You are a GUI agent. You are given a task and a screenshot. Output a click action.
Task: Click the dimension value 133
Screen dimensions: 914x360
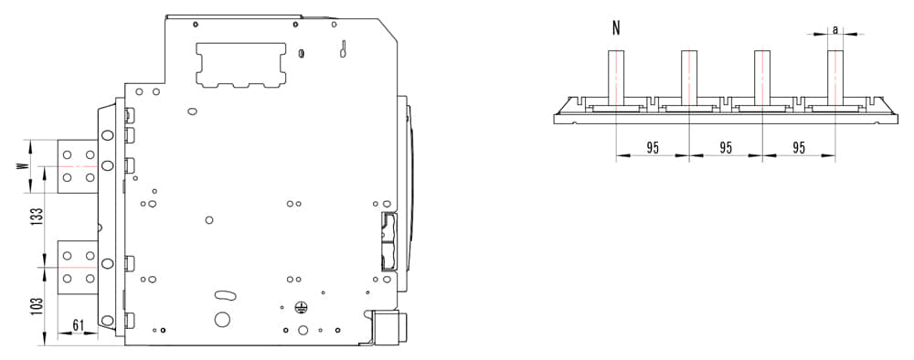pyautogui.click(x=37, y=217)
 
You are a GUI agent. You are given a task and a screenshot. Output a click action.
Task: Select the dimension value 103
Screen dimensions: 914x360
pyautogui.click(x=37, y=307)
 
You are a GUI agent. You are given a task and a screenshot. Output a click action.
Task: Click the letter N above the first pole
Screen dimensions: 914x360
pyautogui.click(x=616, y=28)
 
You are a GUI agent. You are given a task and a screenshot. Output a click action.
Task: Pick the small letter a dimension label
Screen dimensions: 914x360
pyautogui.click(x=835, y=29)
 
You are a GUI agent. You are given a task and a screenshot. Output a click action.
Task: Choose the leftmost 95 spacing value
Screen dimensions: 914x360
pyautogui.click(x=653, y=148)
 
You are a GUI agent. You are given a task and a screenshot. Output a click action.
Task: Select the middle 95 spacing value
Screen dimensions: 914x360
pyautogui.click(x=725, y=148)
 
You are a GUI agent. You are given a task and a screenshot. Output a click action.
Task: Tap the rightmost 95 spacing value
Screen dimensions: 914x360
pyautogui.click(x=799, y=148)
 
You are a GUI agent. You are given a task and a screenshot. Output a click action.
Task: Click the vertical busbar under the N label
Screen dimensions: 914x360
pyautogui.click(x=616, y=78)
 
